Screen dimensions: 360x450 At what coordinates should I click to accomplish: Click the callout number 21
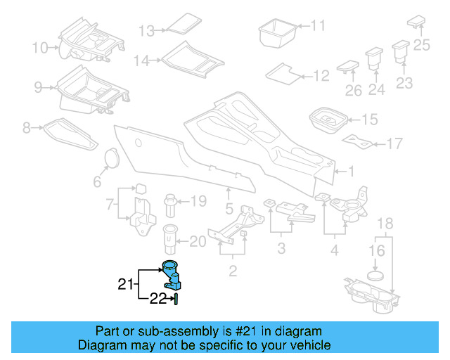125,285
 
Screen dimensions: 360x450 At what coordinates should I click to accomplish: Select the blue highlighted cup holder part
171,275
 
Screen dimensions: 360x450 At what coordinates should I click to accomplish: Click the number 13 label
146,31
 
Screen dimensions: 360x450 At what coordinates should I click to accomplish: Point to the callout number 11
319,26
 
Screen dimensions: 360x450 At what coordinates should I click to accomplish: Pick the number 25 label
421,46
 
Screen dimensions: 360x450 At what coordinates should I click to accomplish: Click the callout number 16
378,251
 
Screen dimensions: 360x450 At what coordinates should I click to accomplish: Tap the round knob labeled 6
110,160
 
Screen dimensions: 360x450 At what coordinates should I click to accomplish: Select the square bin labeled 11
278,32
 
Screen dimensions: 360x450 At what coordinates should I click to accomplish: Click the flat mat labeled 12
283,72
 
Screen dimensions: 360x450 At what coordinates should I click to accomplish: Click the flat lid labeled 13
185,22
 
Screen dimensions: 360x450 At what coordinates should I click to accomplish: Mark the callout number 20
198,243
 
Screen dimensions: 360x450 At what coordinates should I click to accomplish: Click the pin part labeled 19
172,205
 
